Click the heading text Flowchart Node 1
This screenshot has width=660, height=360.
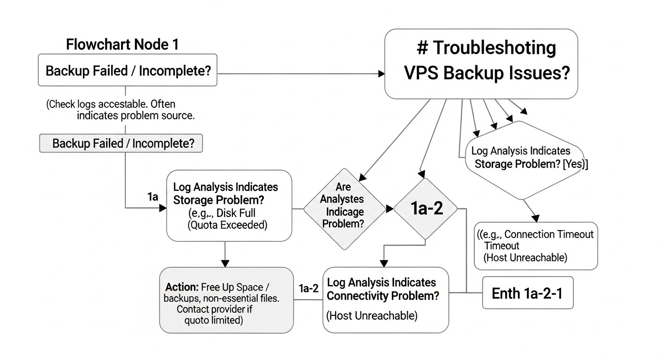pos(122,45)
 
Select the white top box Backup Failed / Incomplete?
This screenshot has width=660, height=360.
pos(127,71)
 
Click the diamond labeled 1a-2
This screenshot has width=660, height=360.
pos(425,209)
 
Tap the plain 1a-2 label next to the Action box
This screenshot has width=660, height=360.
pos(308,288)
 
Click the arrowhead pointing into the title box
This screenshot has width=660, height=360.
pos(381,74)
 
